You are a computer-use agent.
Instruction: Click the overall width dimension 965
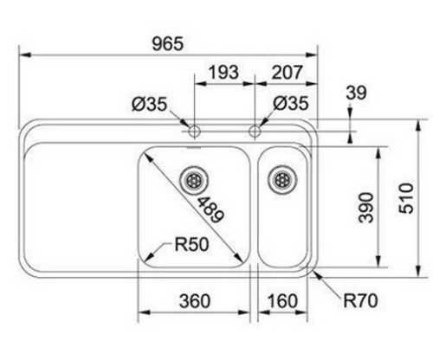point(168,44)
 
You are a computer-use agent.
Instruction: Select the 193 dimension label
point(223,72)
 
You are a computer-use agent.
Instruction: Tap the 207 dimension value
point(287,72)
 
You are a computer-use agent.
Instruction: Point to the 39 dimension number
point(356,93)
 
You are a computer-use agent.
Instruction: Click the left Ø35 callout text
point(150,104)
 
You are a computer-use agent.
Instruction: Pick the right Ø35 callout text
point(291,103)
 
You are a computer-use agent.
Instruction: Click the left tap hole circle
point(194,132)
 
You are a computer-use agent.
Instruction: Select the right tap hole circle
point(255,132)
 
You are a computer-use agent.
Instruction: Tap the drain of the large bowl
point(194,181)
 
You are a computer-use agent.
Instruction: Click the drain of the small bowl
point(282,180)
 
